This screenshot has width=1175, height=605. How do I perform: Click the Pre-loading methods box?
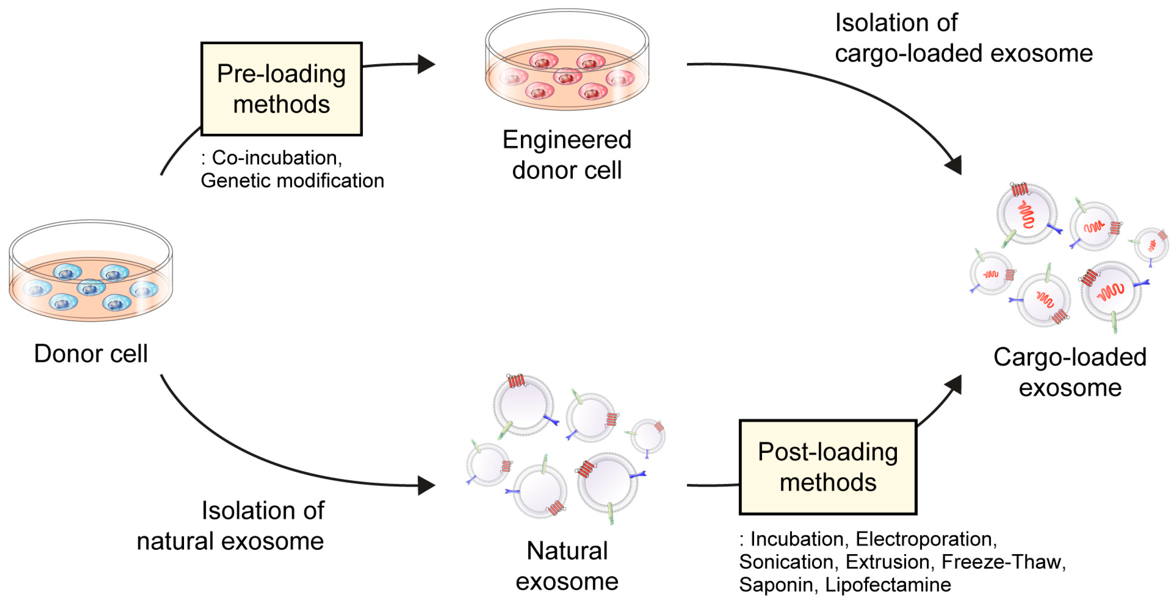point(281,89)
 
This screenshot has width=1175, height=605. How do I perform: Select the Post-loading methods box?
point(828,467)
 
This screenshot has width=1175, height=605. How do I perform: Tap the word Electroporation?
point(926,540)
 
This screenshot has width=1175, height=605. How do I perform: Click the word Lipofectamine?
point(888,585)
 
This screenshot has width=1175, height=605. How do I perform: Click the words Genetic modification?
point(292,181)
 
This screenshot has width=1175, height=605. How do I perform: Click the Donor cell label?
point(91,354)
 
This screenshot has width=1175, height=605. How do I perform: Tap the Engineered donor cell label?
point(567,155)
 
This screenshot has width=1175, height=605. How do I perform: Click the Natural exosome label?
point(567,566)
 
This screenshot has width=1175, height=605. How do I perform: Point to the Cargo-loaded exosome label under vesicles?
point(1070,372)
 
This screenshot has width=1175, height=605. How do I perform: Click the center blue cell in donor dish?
point(91,288)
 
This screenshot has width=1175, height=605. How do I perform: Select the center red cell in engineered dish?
point(567,76)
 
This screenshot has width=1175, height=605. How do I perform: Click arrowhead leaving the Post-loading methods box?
point(954,384)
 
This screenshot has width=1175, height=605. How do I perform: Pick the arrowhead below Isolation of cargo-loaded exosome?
point(954,165)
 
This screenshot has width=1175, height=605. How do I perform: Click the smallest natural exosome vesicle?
point(648,437)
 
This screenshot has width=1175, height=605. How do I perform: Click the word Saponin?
point(775,585)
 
